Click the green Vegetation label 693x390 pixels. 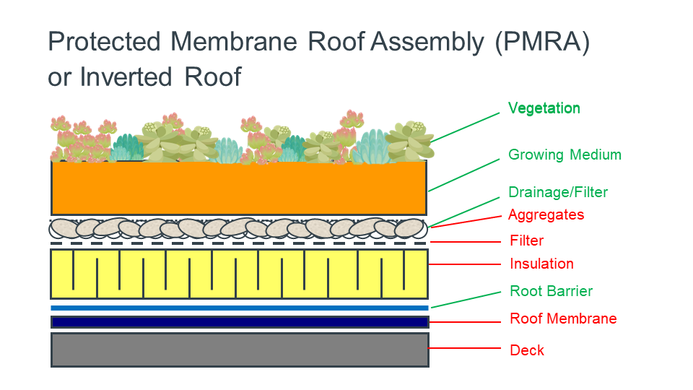pyautogui.click(x=544, y=108)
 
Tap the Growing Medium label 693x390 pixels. pyautogui.click(x=565, y=155)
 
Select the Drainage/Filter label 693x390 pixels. pyautogui.click(x=558, y=192)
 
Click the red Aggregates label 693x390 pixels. pyautogui.click(x=546, y=215)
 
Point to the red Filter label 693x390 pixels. pyautogui.click(x=527, y=240)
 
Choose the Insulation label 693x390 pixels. pyautogui.click(x=542, y=264)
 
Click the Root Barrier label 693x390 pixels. pyautogui.click(x=551, y=291)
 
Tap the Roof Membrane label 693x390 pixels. pyautogui.click(x=563, y=318)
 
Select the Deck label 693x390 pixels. pyautogui.click(x=527, y=350)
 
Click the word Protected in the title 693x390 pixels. pyautogui.click(x=104, y=42)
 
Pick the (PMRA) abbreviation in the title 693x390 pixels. pyautogui.click(x=542, y=43)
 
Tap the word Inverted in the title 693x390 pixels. pyautogui.click(x=126, y=77)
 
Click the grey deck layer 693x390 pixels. pyautogui.click(x=240, y=350)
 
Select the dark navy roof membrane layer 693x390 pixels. pyautogui.click(x=240, y=322)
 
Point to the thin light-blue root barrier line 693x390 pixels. pyautogui.click(x=240, y=308)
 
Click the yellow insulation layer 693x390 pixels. pyautogui.click(x=239, y=274)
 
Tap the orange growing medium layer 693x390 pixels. pyautogui.click(x=239, y=188)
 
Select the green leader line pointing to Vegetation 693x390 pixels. pyautogui.click(x=465, y=127)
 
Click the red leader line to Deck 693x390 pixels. pyautogui.click(x=464, y=348)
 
